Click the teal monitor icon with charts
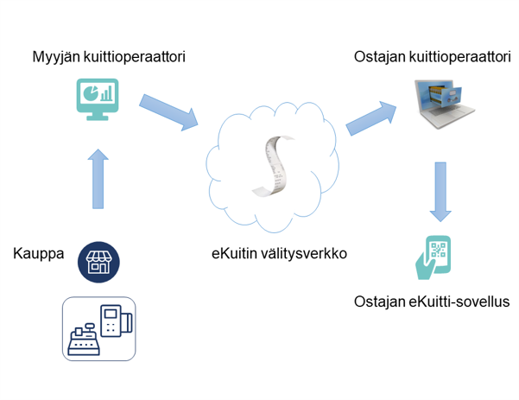pos(98,100)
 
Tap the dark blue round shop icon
pos(99,260)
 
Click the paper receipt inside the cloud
pos(272,165)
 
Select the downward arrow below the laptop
pos(440,192)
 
